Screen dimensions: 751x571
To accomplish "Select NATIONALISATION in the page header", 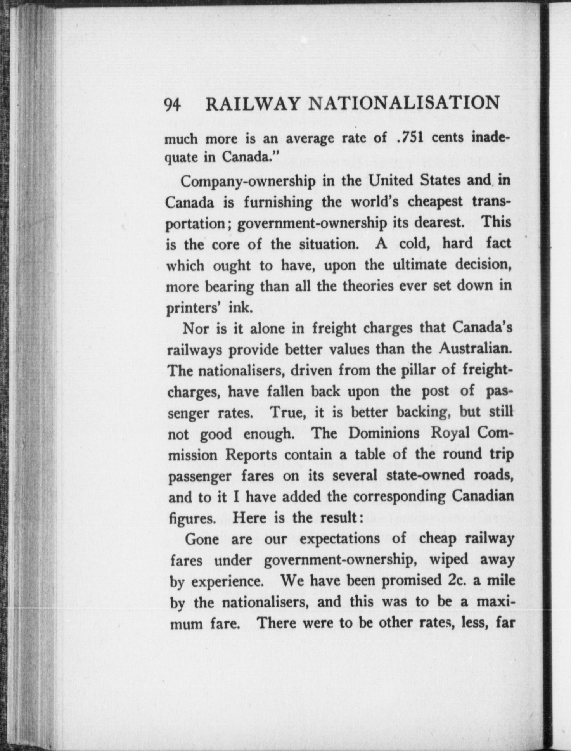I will pos(405,103).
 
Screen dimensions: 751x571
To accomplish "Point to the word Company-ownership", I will pos(248,182).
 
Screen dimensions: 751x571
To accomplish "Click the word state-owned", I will pos(426,475).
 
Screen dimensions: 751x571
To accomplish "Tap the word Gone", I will pos(202,539).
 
